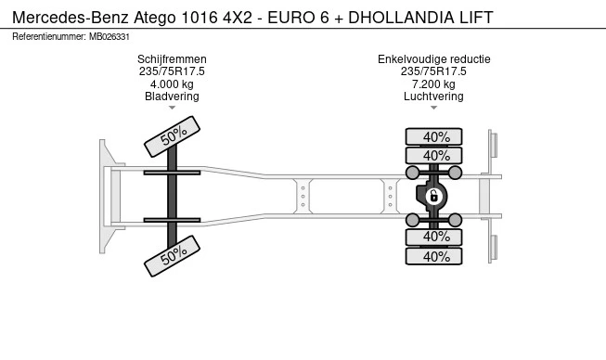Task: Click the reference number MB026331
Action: (110, 37)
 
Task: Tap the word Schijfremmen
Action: (172, 59)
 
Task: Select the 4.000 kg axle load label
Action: (172, 84)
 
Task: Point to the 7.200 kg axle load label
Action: (433, 84)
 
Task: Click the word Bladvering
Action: (172, 96)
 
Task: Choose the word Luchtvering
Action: (433, 96)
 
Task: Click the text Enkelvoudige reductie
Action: (434, 59)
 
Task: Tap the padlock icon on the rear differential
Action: (433, 196)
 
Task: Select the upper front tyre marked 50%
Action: (172, 136)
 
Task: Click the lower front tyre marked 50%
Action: (172, 256)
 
